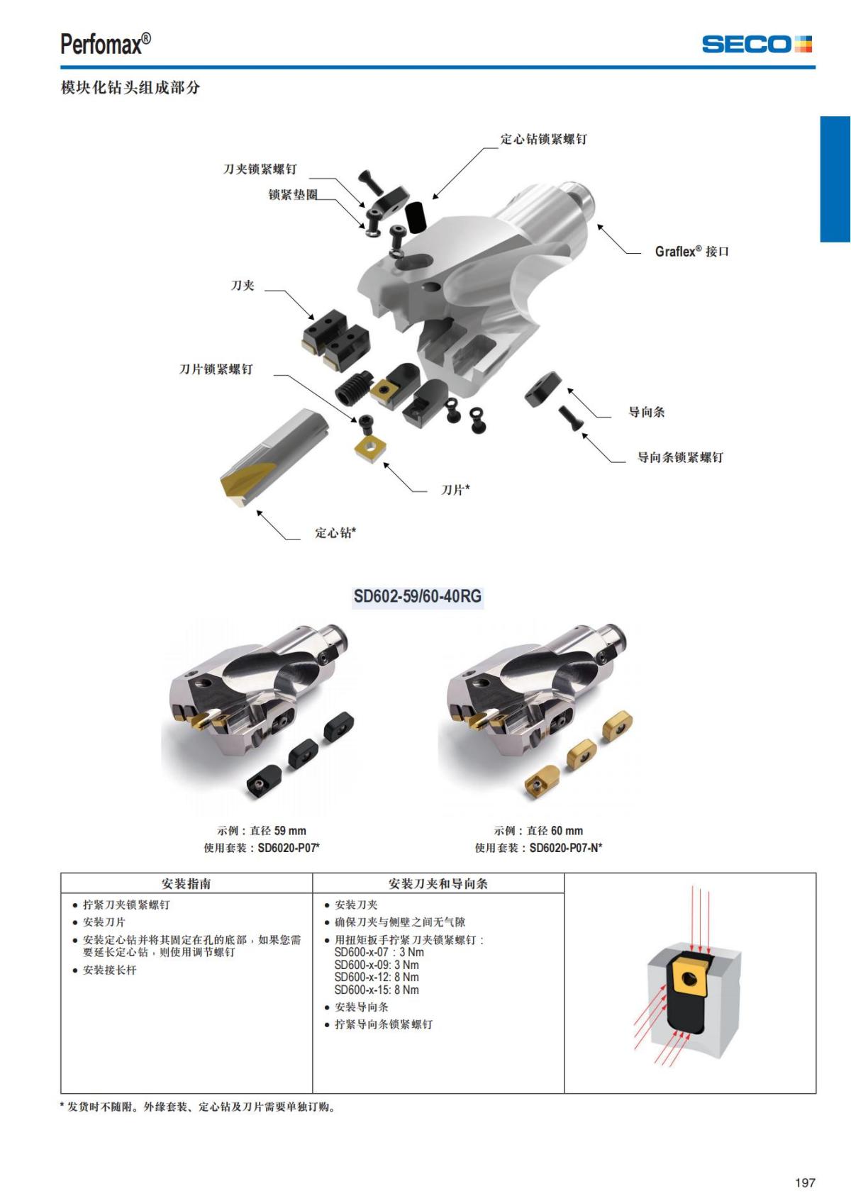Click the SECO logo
point(757,44)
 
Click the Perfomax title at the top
point(106,44)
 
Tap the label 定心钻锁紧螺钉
point(543,139)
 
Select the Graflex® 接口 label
point(691,252)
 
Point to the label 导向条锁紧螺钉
point(680,457)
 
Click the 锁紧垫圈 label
point(293,194)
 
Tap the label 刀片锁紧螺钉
point(216,369)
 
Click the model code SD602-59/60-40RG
point(418,596)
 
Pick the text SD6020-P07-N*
point(566,847)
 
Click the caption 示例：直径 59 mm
point(262,830)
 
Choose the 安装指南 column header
point(186,883)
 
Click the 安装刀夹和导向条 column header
point(438,883)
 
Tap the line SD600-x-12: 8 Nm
point(377,977)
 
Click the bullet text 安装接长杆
point(109,970)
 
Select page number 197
point(805,1182)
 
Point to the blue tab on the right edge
point(835,179)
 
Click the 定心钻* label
point(335,532)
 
